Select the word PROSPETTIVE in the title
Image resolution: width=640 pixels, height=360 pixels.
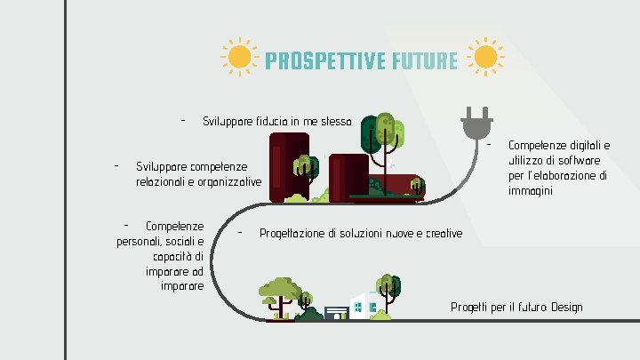[324, 60]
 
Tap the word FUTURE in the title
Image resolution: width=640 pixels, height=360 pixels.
[423, 60]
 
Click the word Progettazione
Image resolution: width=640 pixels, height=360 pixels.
[292, 234]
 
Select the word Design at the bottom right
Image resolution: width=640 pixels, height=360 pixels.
[566, 308]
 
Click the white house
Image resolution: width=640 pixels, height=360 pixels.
[365, 305]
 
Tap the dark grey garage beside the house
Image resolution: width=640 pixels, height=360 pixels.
[336, 313]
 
